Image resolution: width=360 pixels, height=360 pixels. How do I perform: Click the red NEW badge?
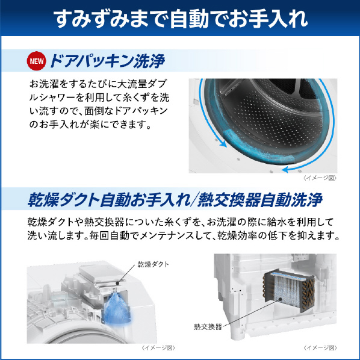coord(37,61)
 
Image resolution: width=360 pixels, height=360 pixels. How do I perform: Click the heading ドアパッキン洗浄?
coord(107,61)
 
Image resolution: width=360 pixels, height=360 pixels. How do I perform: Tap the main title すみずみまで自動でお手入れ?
coord(181,19)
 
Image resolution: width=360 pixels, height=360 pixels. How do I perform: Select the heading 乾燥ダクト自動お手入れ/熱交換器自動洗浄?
coord(175,200)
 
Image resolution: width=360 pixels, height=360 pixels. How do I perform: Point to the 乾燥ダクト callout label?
coord(153,264)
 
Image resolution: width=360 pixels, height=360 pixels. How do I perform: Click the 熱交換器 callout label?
coord(208,326)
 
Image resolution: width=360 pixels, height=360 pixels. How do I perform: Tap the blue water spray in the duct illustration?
coord(117,308)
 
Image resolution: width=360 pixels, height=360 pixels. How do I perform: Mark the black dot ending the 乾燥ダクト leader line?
coord(117,283)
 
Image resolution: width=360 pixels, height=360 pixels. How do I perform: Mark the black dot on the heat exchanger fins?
coord(280,299)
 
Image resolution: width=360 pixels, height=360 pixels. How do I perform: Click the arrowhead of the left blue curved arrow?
coord(223,144)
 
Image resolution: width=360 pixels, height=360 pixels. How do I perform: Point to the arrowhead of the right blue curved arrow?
coord(285,170)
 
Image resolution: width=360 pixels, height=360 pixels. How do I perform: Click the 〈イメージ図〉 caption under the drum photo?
coord(320,178)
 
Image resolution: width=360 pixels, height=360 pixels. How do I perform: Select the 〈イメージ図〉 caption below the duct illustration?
coord(158,348)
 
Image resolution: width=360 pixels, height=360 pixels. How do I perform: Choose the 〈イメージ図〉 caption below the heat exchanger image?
coord(320,348)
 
